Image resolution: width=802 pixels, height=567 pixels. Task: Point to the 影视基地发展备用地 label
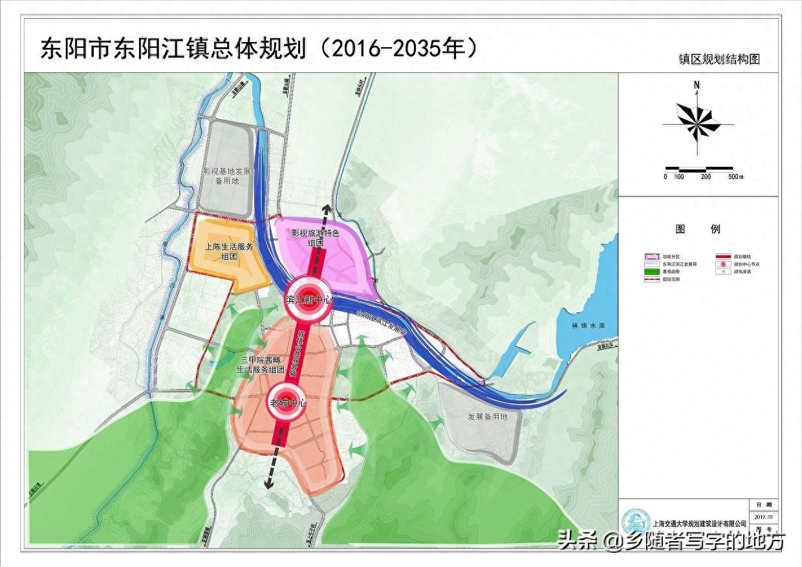pos(225,177)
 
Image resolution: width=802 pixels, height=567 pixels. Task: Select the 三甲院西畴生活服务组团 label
pos(260,365)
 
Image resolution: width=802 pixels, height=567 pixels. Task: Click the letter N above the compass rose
pos(697,85)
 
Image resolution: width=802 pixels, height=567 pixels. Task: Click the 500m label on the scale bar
pos(736,177)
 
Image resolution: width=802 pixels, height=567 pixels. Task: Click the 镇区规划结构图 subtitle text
pos(719,59)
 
